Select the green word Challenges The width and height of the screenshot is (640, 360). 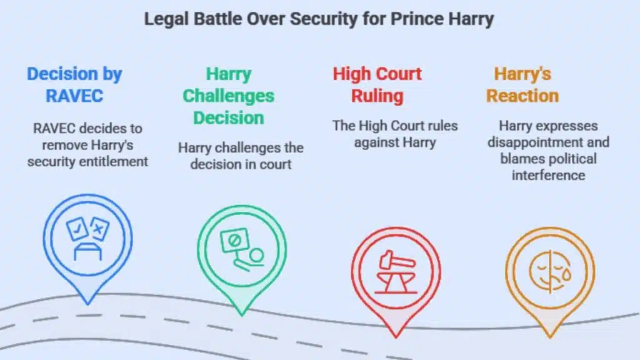[228, 96]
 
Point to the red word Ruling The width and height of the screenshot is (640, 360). [377, 96]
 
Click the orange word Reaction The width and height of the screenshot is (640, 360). [522, 96]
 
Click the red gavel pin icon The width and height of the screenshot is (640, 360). [396, 275]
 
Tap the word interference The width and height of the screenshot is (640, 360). [548, 175]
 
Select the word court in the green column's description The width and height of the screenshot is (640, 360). [275, 164]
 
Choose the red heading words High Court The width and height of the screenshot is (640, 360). [377, 74]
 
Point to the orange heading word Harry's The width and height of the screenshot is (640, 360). [522, 74]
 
